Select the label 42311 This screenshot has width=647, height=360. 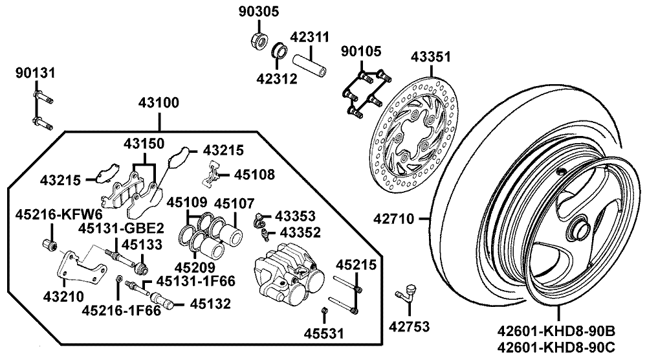pos(309,37)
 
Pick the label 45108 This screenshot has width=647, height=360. pos(254,174)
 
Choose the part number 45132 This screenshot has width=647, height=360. pos(208,302)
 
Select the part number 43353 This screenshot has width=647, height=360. pos(296,215)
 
